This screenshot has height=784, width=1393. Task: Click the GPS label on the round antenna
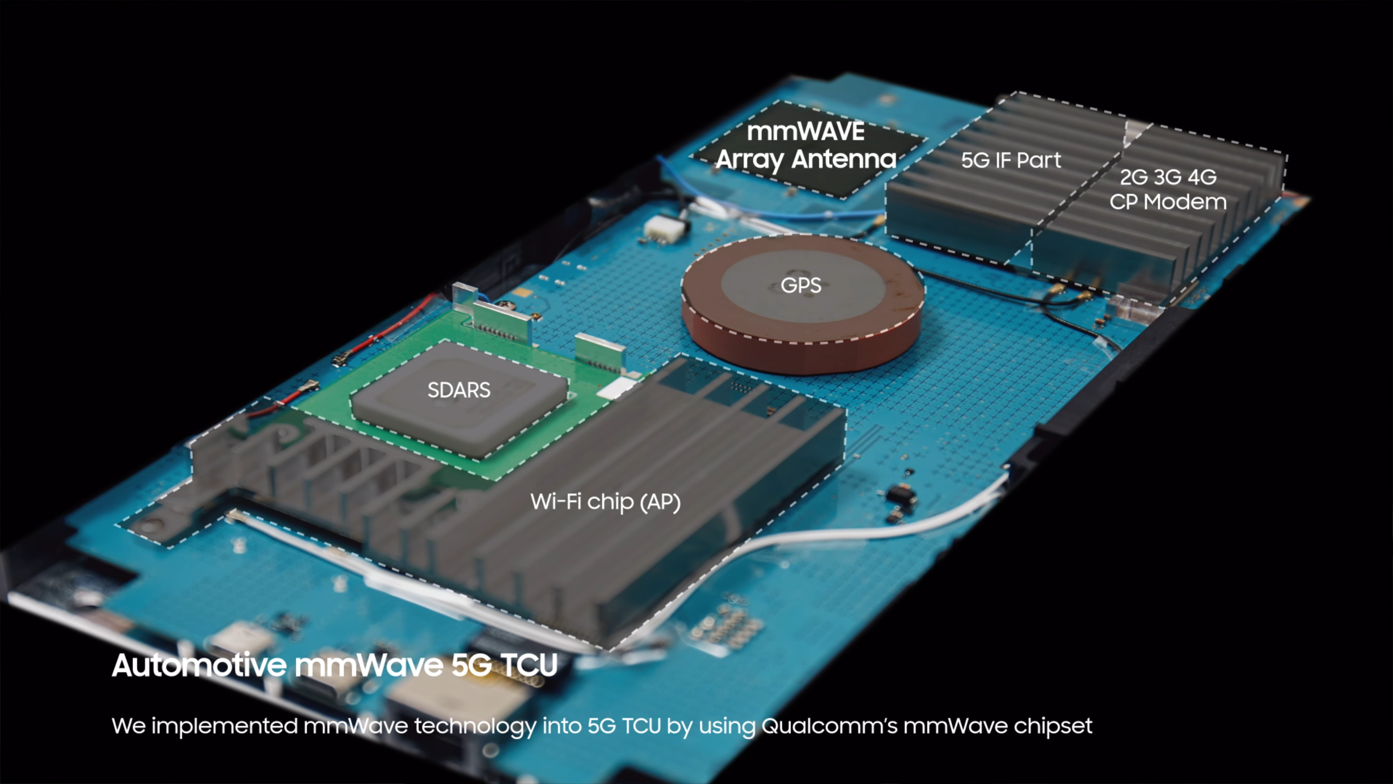801,285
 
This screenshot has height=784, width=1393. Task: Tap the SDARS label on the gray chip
459,389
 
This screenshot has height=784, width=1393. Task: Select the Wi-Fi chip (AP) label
605,502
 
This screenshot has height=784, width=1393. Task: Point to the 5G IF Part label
1011,160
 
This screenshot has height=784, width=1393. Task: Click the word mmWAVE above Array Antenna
805,131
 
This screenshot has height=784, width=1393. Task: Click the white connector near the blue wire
660,228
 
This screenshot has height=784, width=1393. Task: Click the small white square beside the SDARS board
618,387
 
